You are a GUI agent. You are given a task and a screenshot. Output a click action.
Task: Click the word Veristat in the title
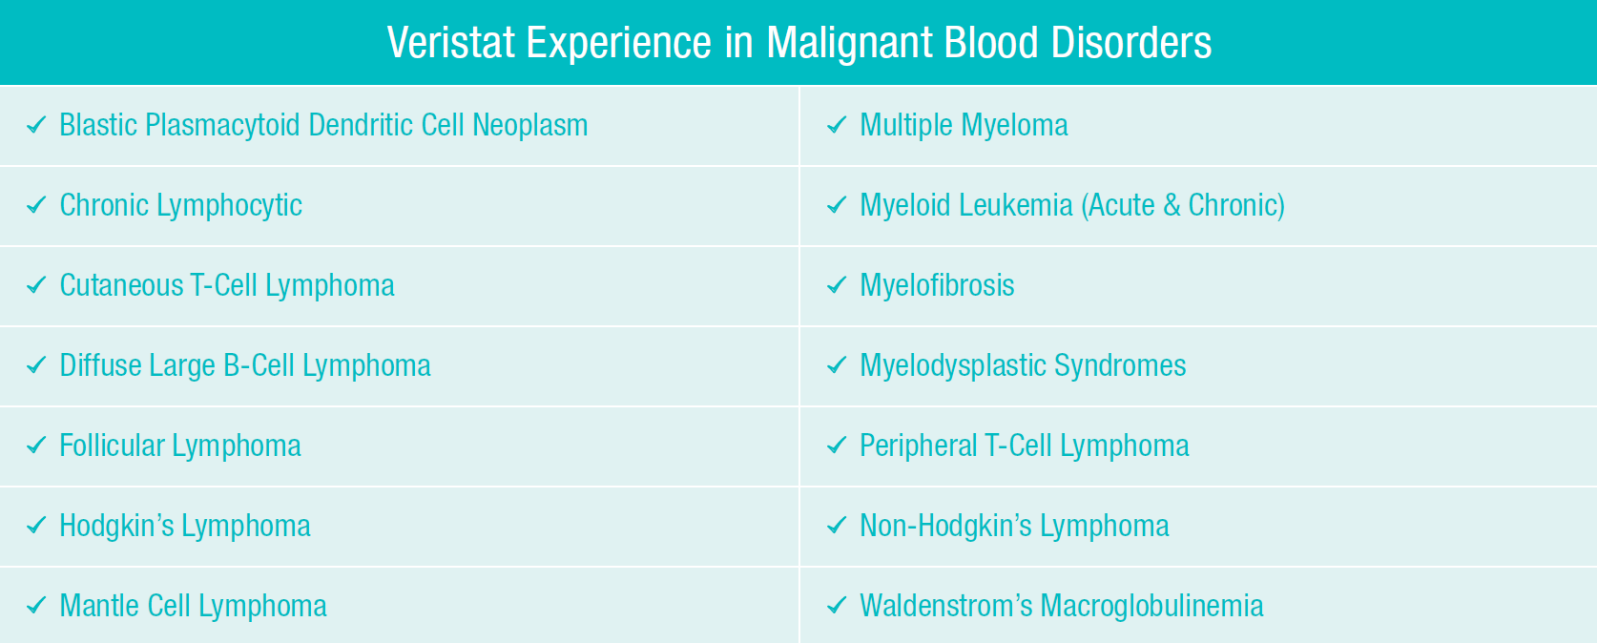click(x=450, y=43)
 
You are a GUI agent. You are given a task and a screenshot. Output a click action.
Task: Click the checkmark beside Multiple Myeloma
click(x=837, y=125)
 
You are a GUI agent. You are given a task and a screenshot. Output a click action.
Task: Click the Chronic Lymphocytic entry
click(x=180, y=206)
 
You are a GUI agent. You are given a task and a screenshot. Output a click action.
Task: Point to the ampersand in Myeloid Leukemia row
click(x=1172, y=205)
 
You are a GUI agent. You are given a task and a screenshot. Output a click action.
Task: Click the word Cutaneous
click(x=121, y=285)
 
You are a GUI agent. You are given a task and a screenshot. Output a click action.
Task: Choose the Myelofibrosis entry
click(x=937, y=285)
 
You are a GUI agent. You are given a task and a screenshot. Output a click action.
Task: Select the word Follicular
click(x=112, y=446)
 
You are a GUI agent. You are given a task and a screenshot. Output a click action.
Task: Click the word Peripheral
click(x=918, y=446)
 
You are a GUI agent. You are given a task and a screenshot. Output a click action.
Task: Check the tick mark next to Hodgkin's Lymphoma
click(x=36, y=526)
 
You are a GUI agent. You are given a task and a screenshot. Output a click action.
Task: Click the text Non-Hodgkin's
click(x=945, y=526)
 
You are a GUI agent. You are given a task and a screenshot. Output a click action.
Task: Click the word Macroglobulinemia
click(x=1151, y=606)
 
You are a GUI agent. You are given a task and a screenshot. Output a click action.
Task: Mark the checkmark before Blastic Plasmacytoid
click(x=36, y=125)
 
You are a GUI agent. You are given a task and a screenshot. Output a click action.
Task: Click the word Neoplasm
click(x=529, y=125)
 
